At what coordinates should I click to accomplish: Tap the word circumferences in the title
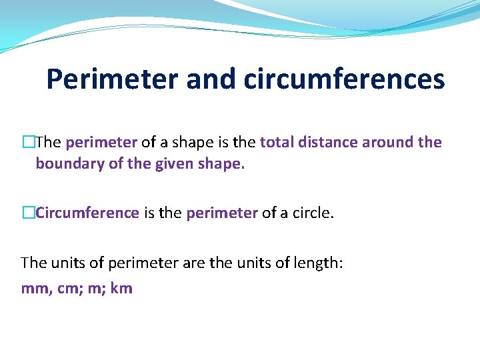(344, 79)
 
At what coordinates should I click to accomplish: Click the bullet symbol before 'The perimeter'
(28, 142)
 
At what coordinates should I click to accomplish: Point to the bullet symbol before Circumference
(28, 213)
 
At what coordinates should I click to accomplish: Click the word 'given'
(176, 163)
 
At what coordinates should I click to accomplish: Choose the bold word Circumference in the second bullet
(87, 213)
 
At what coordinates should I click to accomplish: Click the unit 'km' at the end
(121, 289)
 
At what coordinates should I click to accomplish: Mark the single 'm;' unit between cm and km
(94, 289)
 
